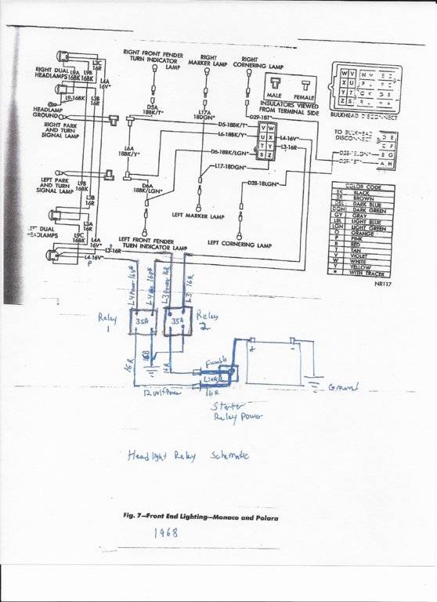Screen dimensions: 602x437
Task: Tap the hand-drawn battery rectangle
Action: [x=278, y=361]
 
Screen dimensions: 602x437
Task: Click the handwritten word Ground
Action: [x=345, y=387]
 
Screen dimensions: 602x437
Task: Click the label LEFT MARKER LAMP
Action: [x=197, y=215]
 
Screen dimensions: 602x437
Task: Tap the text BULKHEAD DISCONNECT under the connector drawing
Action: [x=364, y=118]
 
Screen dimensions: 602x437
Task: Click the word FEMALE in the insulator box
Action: [x=304, y=96]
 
